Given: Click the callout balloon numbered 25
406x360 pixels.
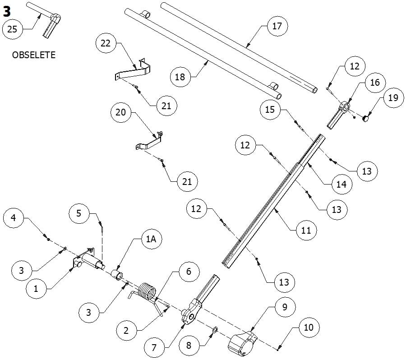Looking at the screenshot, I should pyautogui.click(x=13, y=30).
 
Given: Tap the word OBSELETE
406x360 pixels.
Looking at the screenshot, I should pyautogui.click(x=34, y=55).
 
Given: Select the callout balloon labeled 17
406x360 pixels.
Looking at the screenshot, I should pyautogui.click(x=277, y=26).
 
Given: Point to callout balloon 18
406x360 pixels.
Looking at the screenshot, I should pyautogui.click(x=180, y=77).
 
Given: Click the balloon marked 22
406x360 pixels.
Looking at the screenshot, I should pyautogui.click(x=106, y=44).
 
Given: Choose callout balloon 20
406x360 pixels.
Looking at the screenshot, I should pyautogui.click(x=121, y=112).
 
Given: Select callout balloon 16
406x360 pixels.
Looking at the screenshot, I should pyautogui.click(x=375, y=83).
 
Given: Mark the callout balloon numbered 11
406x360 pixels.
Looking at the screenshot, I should pyautogui.click(x=306, y=231).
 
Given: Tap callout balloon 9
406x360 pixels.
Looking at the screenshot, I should pyautogui.click(x=284, y=307).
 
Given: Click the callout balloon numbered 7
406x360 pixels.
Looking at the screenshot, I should pyautogui.click(x=154, y=348).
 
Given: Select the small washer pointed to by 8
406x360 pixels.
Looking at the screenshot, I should pyautogui.click(x=215, y=330).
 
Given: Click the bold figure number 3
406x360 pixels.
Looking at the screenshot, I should pyautogui.click(x=6, y=10).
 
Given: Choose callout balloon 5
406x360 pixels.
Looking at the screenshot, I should pyautogui.click(x=79, y=212).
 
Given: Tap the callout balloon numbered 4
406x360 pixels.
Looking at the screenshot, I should pyautogui.click(x=14, y=219).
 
